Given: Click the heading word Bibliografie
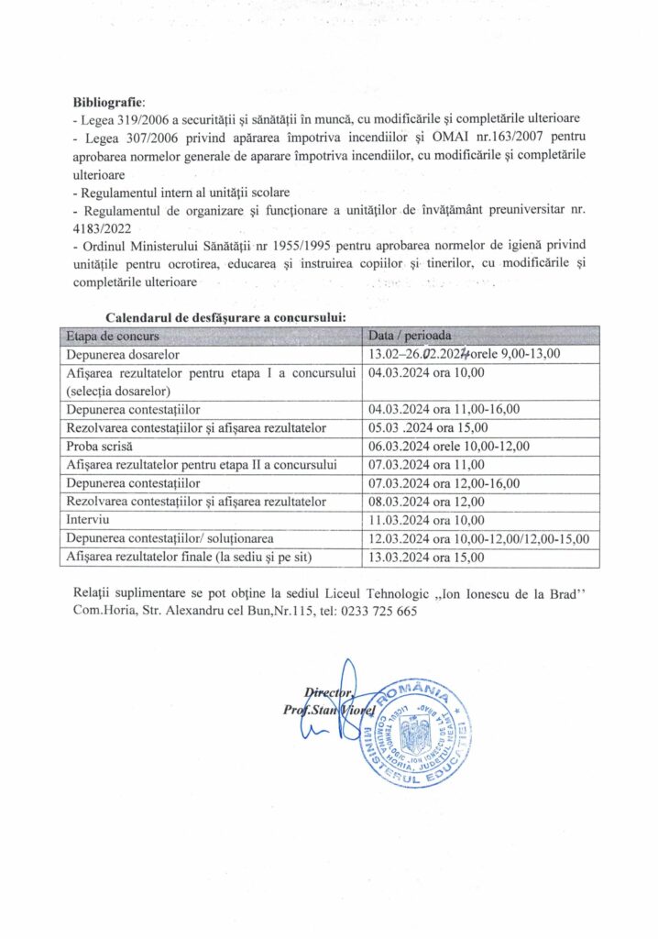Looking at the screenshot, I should click(108, 102).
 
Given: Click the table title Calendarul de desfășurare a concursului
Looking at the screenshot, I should click(225, 316).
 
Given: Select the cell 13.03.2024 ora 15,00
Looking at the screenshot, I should click(426, 557).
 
